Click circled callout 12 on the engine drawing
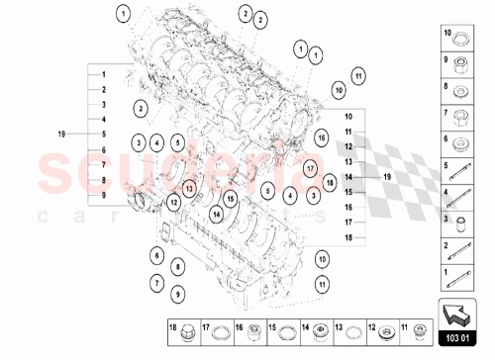[x=173, y=203]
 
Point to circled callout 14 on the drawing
[x=216, y=212]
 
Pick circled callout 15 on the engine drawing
[x=230, y=199]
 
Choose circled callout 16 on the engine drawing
[x=323, y=139]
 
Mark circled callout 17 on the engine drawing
[x=310, y=167]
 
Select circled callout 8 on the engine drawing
[x=176, y=266]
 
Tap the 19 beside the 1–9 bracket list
[x=61, y=133]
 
